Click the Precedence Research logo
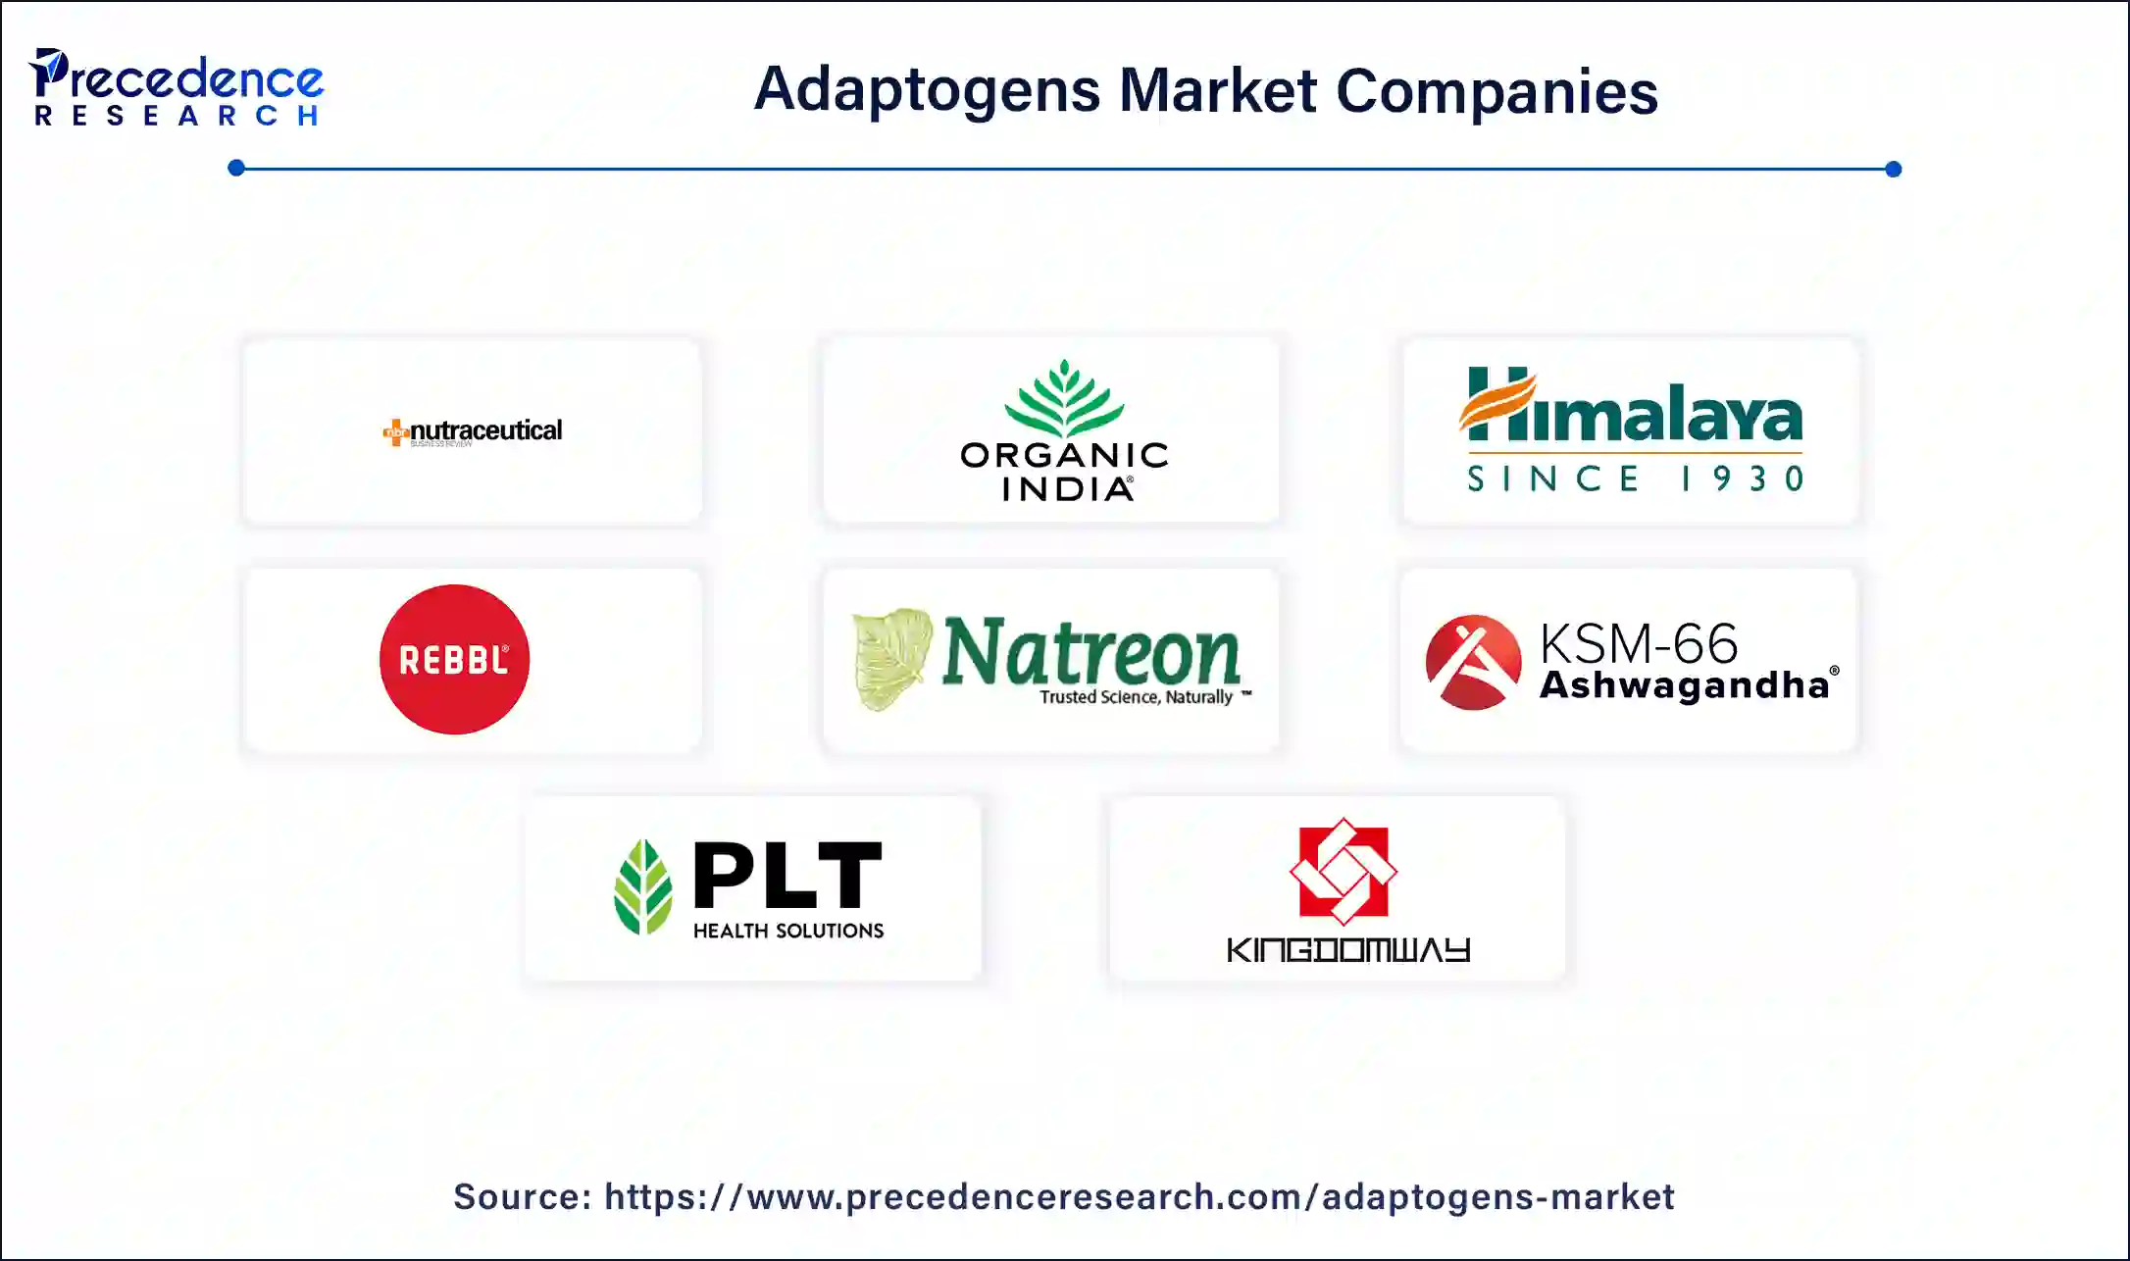click(177, 88)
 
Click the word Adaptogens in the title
click(927, 90)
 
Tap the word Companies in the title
click(1496, 90)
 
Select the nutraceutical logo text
click(484, 430)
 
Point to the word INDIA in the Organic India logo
click(1067, 488)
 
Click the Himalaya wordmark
click(1632, 406)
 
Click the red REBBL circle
click(454, 660)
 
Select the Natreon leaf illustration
click(891, 658)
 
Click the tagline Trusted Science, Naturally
click(1136, 697)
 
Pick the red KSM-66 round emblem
click(1473, 662)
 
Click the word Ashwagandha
click(1684, 684)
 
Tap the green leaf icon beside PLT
click(643, 886)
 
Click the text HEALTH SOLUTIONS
click(788, 931)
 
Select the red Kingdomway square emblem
click(1343, 872)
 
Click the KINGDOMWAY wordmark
click(1347, 950)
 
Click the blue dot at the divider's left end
click(236, 168)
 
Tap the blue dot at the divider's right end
click(1894, 169)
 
